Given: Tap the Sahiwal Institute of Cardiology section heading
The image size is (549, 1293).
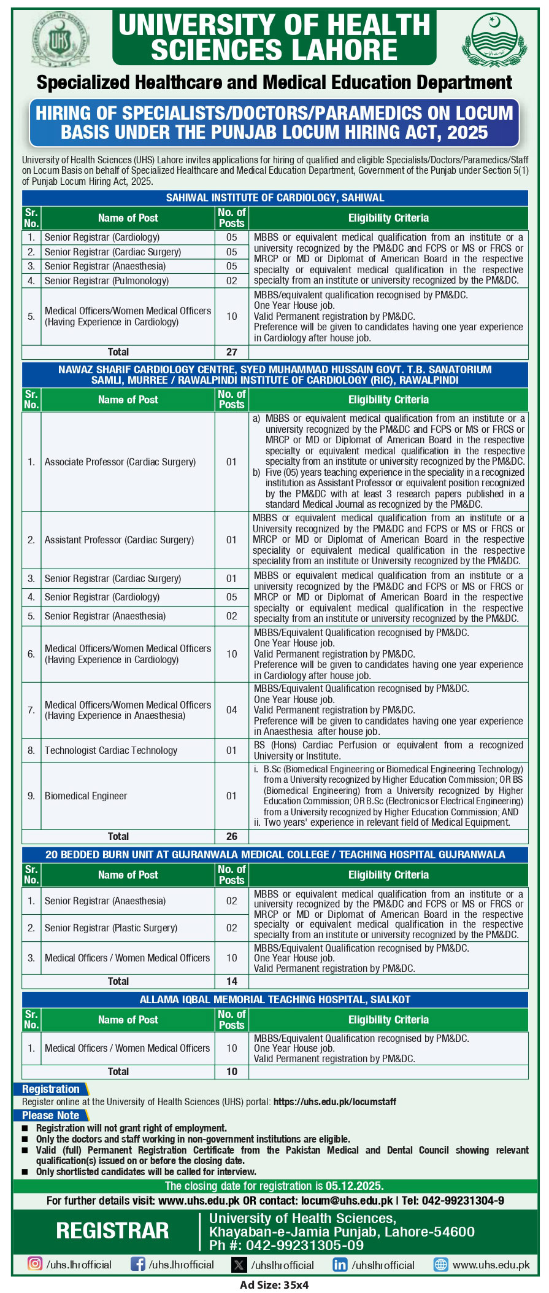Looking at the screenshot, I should (x=275, y=198).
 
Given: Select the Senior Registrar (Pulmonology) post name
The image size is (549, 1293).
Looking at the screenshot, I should (x=106, y=281).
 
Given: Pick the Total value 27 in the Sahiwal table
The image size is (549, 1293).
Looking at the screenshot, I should (x=231, y=352).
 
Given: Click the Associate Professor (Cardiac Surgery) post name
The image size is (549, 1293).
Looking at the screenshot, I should (x=120, y=462).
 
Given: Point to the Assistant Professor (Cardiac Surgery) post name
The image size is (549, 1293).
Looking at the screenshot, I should (x=119, y=540).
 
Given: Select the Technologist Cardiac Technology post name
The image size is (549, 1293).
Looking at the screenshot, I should (x=110, y=750).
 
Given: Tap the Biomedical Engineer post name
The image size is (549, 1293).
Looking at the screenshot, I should (x=86, y=796).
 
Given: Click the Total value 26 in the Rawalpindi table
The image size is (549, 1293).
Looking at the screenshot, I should (x=231, y=836).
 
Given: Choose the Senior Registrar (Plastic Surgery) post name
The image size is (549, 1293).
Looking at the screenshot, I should (x=110, y=928).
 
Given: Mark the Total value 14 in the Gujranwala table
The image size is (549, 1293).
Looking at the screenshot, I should (x=231, y=981).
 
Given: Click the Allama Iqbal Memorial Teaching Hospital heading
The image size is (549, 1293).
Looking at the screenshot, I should (x=275, y=1000).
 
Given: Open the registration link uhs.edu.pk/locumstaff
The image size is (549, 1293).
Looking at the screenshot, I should (x=334, y=1102).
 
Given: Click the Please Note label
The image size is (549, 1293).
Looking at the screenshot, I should (x=50, y=1116).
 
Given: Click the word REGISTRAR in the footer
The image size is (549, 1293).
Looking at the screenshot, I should (x=112, y=1230).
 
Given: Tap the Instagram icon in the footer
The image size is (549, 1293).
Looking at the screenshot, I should (x=36, y=1264).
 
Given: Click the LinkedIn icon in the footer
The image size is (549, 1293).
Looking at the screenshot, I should (x=339, y=1265).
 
